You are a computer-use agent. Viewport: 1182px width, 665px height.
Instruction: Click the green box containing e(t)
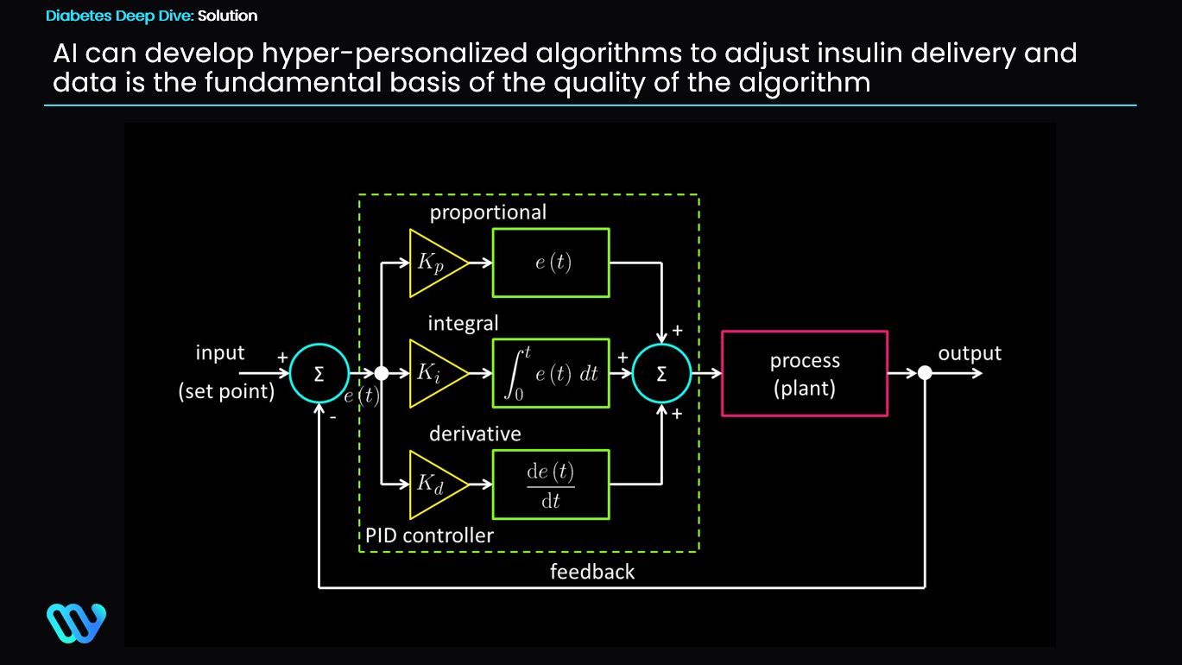coord(551,263)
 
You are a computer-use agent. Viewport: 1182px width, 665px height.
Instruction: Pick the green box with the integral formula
coord(551,373)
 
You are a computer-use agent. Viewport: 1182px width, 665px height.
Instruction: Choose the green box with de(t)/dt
coord(551,484)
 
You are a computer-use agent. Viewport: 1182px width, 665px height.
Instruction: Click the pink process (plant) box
coord(804,373)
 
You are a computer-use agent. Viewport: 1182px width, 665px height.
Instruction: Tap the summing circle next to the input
coord(319,373)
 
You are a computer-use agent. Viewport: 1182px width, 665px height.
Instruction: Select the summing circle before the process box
coord(661,373)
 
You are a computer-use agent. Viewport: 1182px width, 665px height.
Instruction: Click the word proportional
coord(488,212)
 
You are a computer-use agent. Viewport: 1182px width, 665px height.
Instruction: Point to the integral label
coord(463,323)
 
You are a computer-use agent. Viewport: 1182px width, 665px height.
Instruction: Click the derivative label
coord(475,434)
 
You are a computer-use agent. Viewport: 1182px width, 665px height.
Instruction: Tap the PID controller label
coord(429,535)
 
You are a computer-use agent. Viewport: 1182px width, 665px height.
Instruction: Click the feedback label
coord(591,572)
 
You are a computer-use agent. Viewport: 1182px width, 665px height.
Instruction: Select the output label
coord(970,353)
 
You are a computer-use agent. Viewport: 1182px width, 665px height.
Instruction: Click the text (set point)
coord(226,391)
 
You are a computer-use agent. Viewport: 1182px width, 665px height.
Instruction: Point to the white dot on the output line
coord(925,373)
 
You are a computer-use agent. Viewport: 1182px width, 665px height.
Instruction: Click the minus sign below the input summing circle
coord(332,417)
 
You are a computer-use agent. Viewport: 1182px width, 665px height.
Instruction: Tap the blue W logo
coord(76,623)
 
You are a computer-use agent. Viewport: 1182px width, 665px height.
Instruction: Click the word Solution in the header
coord(227,16)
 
